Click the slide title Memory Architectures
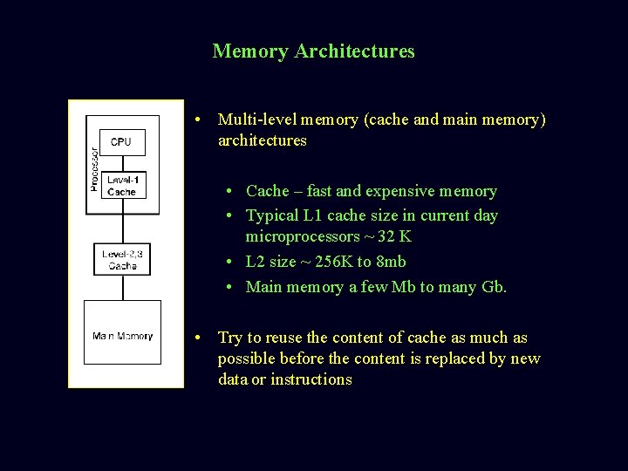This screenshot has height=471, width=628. [313, 51]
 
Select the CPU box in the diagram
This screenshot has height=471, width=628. [121, 141]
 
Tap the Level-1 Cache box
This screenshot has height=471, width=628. [121, 186]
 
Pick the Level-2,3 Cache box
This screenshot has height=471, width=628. [122, 259]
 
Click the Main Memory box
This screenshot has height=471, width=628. [122, 336]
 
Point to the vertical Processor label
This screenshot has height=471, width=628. [94, 167]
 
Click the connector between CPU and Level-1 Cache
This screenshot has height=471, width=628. [122, 164]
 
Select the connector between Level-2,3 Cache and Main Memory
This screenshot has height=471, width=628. [122, 288]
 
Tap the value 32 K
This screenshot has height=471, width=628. [393, 236]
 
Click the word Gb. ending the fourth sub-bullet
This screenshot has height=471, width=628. [494, 287]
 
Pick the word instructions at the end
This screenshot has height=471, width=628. [311, 379]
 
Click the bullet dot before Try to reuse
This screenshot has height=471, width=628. [200, 338]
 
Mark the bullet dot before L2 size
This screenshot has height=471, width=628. [228, 262]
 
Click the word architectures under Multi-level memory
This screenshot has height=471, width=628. [263, 140]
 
